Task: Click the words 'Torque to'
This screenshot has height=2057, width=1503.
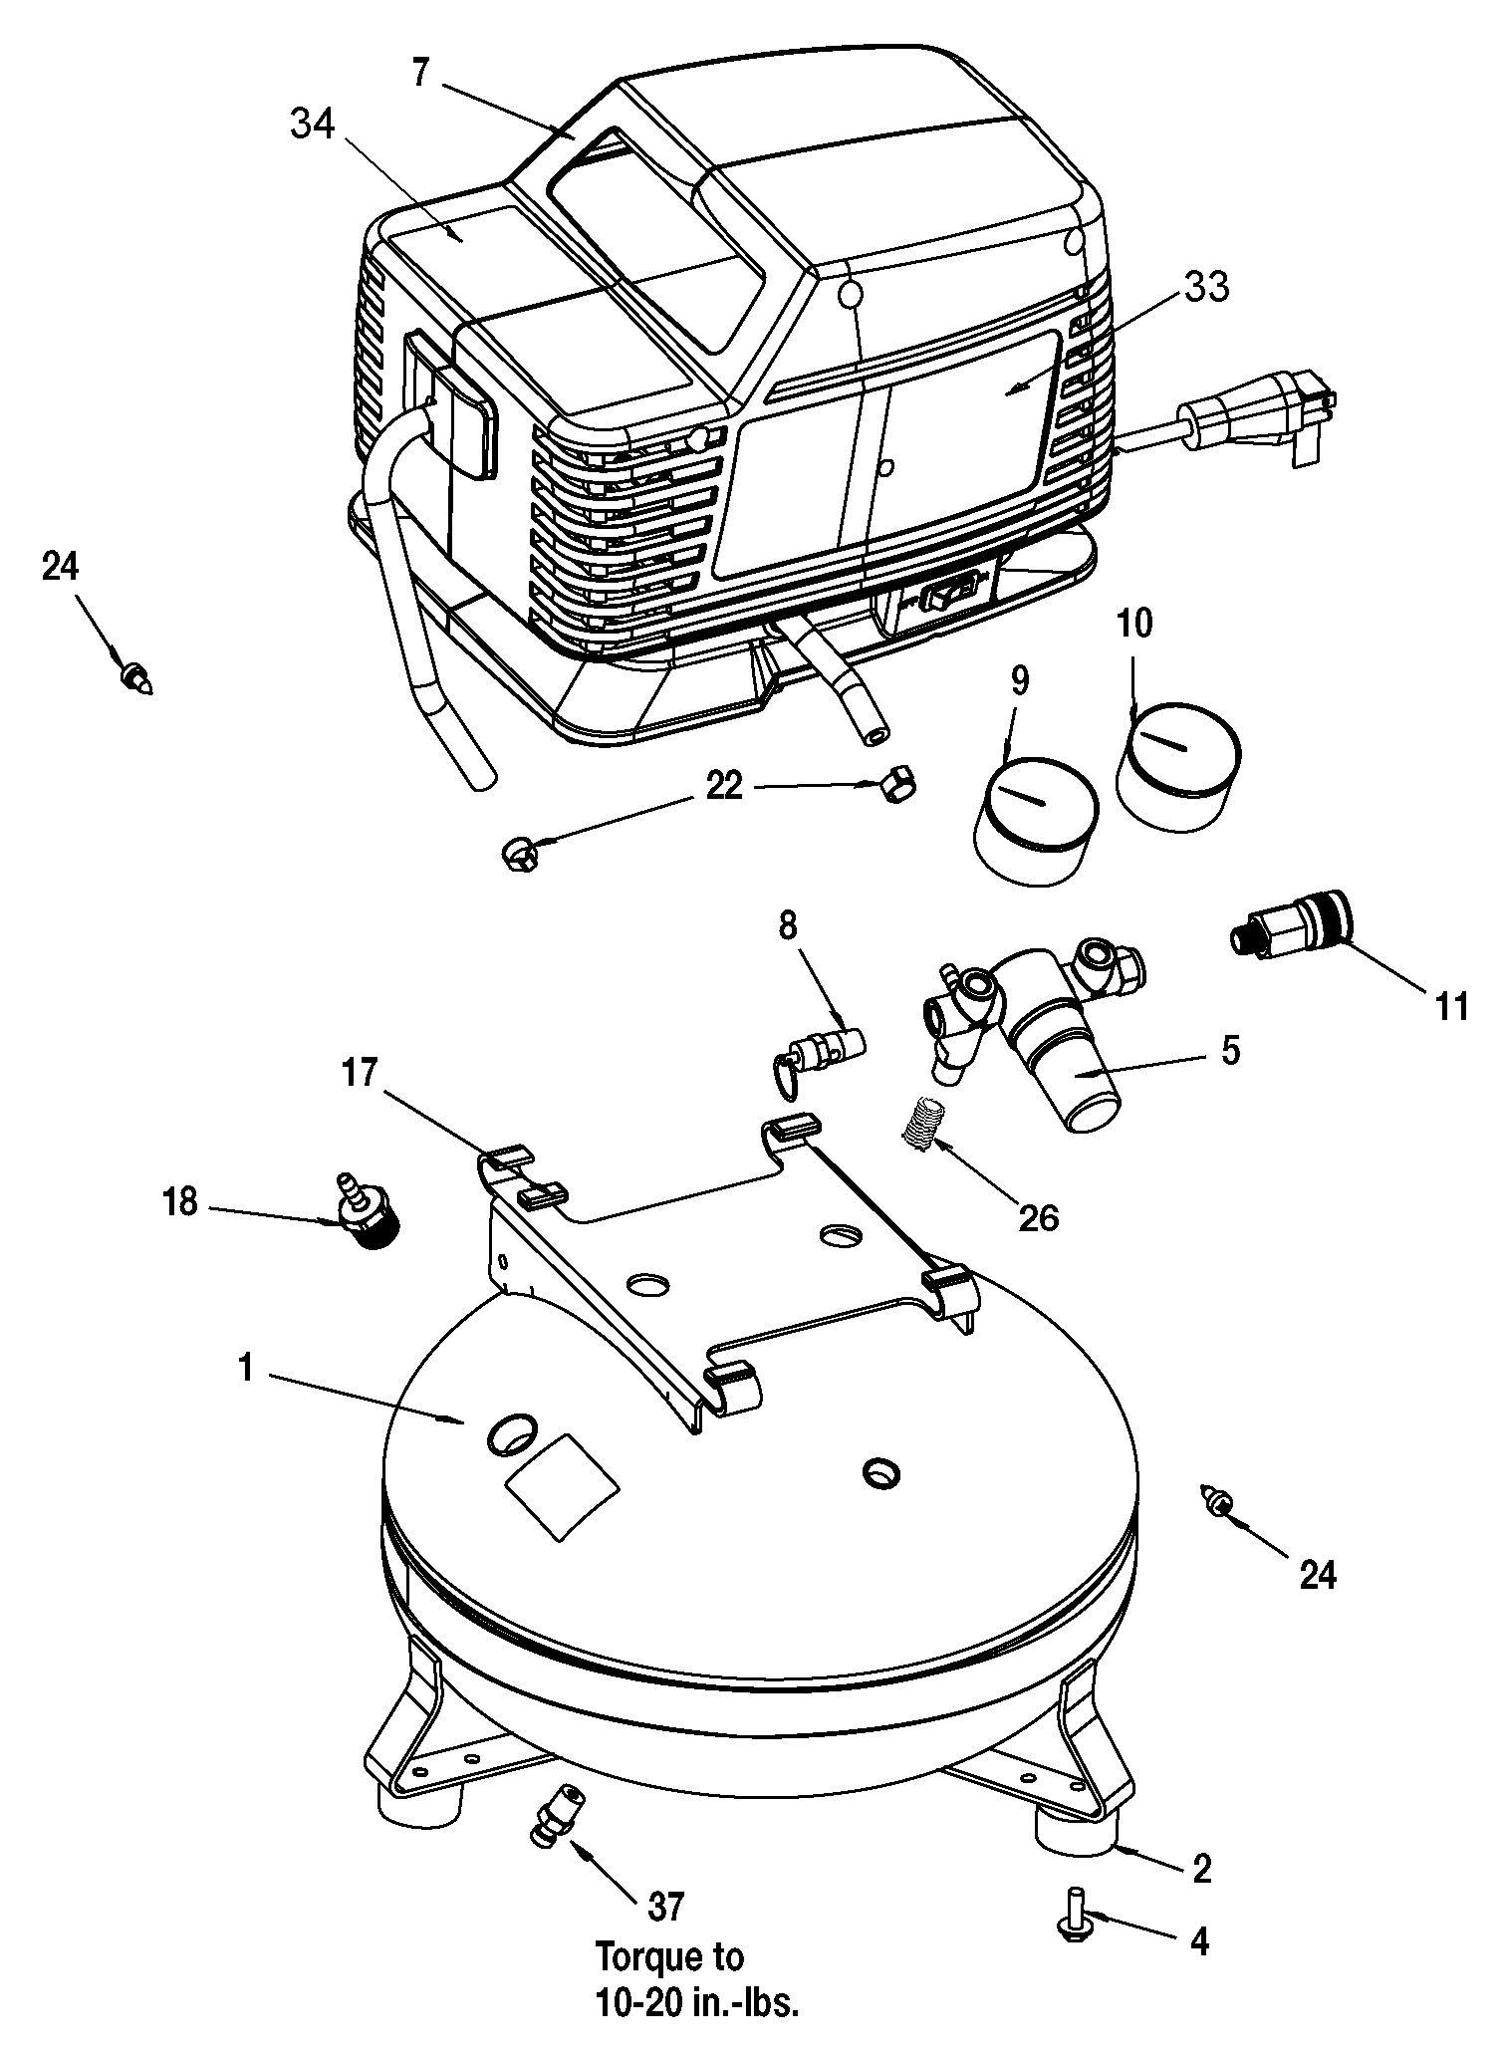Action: (x=669, y=1957)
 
